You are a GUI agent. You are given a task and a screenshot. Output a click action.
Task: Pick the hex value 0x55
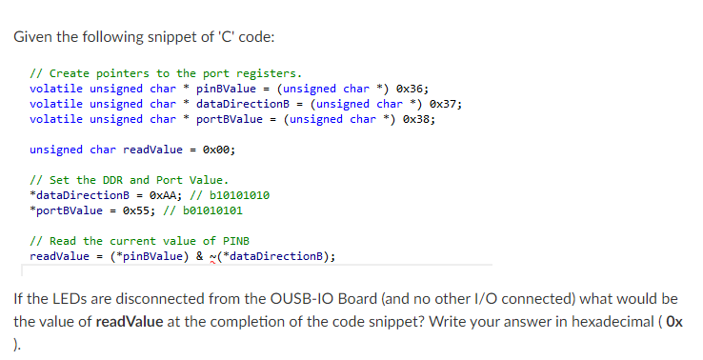144,210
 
